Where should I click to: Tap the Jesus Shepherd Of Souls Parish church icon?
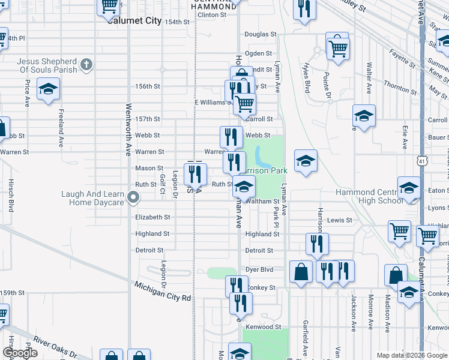click(86, 64)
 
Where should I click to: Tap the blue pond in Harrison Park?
click(262, 158)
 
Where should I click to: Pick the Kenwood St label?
click(261, 327)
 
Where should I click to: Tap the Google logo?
click(20, 353)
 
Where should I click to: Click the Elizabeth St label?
click(152, 217)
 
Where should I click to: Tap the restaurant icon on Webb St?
click(231, 137)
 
